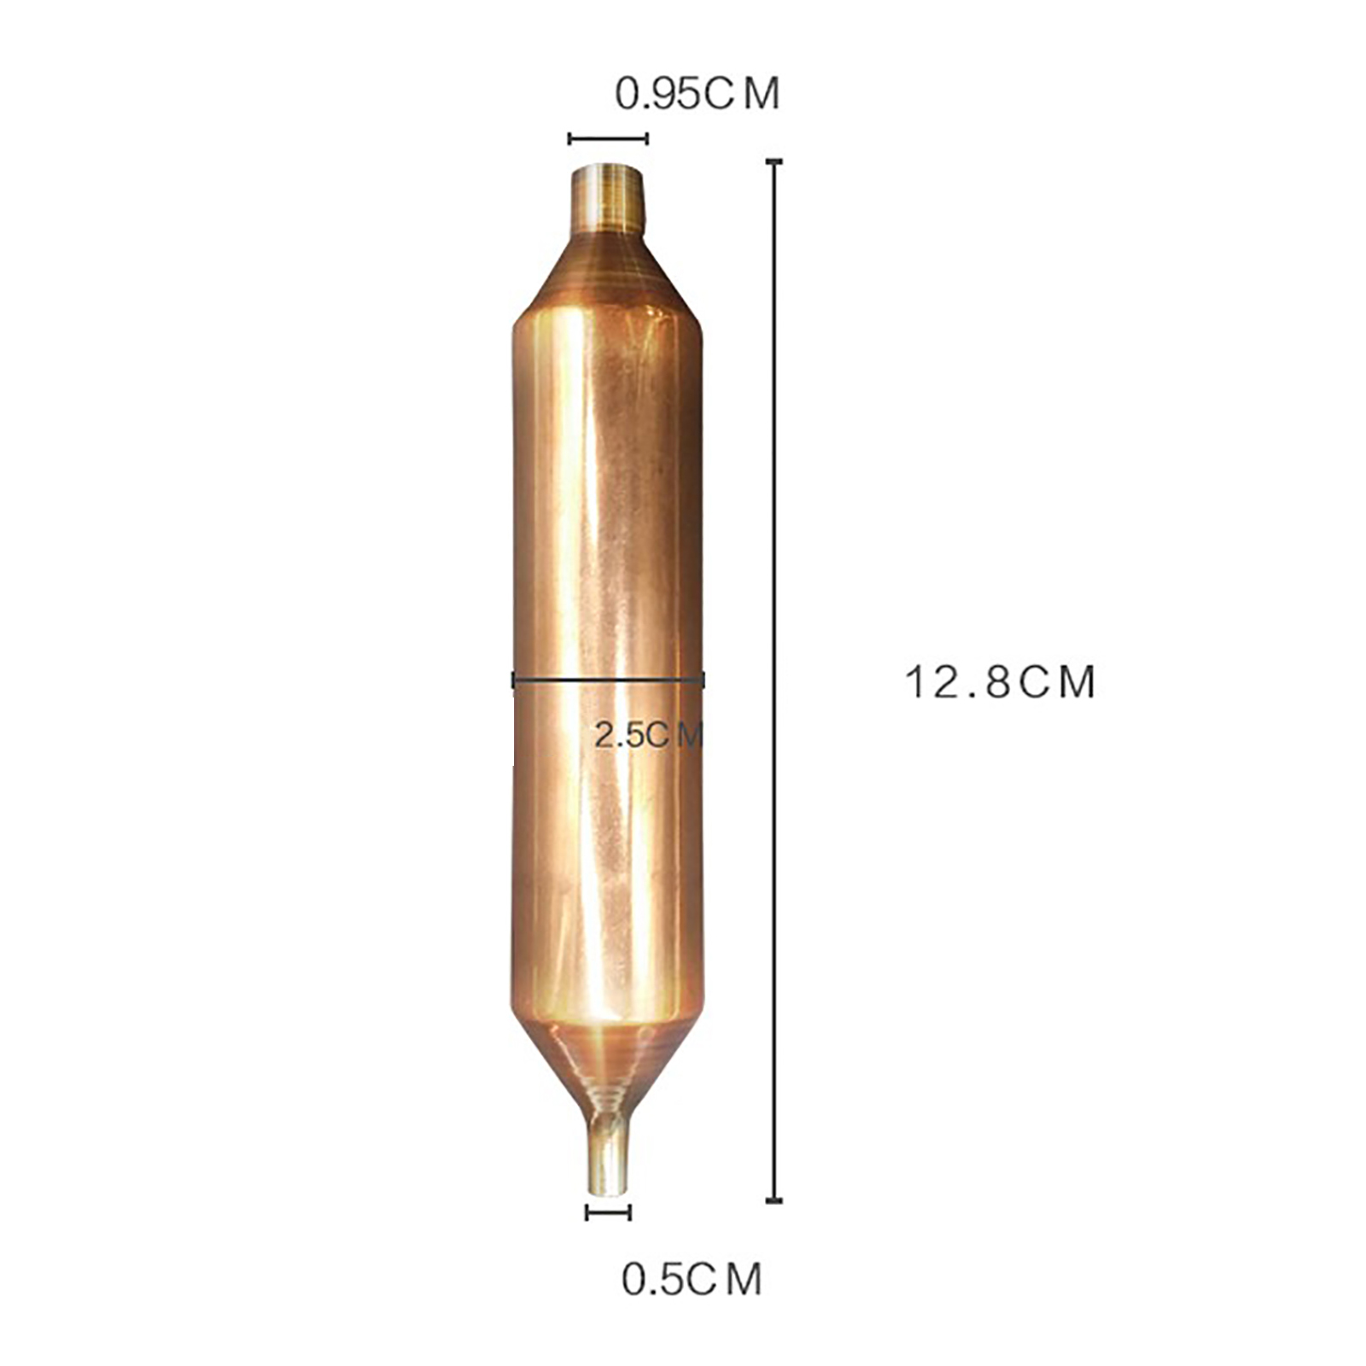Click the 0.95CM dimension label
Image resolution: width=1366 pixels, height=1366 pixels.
698,94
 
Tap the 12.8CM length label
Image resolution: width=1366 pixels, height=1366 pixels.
999,683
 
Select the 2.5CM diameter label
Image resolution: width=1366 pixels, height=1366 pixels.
648,734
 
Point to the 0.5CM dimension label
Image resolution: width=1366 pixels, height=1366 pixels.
692,1279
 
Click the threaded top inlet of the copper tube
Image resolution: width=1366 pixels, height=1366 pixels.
608,198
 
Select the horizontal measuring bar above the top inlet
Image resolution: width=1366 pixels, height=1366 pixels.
609,138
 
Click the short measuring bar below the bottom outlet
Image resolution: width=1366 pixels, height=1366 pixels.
609,1212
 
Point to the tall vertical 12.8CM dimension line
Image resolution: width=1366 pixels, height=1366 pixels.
774,680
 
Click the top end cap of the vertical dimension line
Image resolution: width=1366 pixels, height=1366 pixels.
774,161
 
